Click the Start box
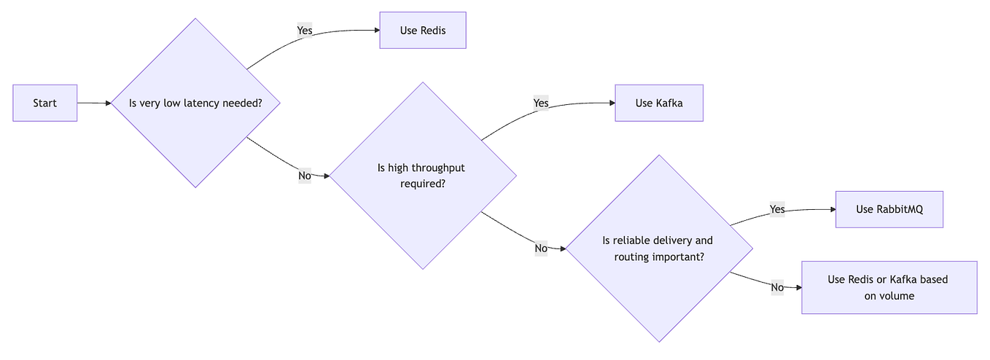coord(44,103)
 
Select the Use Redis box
coord(422,30)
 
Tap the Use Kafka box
coord(658,103)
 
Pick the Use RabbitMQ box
coord(889,209)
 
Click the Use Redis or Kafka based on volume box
coord(889,287)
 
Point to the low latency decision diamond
coord(195,103)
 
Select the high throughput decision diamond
coord(423,176)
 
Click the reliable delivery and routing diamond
coord(658,249)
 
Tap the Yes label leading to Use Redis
coord(305,30)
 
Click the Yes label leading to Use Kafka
coord(541,103)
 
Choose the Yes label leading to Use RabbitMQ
coord(777,209)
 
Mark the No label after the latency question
coord(305,176)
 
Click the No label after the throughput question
coord(541,249)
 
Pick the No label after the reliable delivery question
coord(777,287)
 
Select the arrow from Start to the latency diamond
coord(93,103)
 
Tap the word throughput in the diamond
coord(435,168)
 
